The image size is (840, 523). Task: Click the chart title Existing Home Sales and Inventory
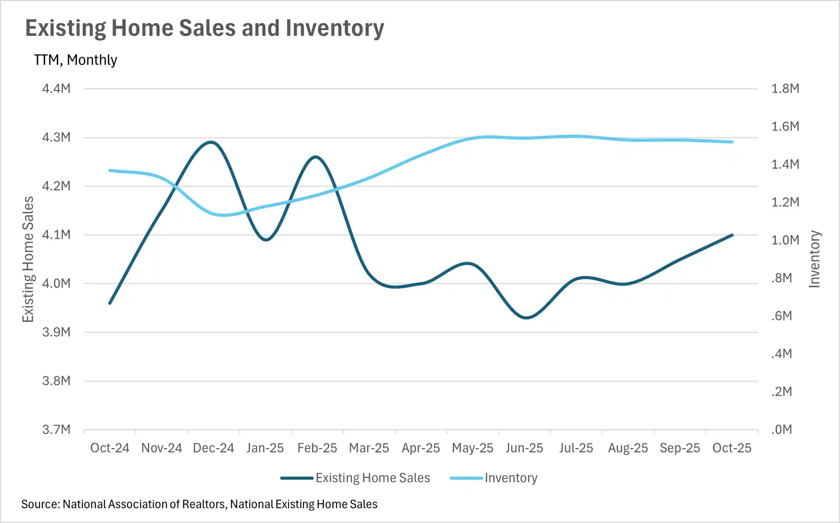point(204,28)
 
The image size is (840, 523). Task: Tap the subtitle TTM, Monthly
point(75,60)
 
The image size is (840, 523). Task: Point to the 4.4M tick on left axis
point(56,89)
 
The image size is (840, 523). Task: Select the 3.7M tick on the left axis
point(56,429)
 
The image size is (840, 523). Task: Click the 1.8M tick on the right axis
point(785,89)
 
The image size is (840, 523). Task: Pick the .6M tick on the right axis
point(781,316)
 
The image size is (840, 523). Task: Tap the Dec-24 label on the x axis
point(213,448)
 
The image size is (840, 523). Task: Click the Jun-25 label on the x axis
point(524,448)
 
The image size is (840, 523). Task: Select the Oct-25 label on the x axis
point(731,448)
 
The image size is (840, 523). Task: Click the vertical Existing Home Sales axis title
point(28,259)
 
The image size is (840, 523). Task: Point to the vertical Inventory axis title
point(814,259)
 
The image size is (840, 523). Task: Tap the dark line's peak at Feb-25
point(315,157)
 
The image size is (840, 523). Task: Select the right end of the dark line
point(732,235)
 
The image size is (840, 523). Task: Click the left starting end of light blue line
point(110,171)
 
